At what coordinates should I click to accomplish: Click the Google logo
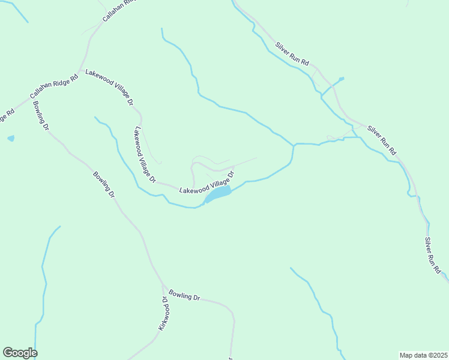coord(20,353)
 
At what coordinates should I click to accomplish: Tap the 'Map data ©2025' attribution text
coord(423,355)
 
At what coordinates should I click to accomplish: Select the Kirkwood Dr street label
coord(162,313)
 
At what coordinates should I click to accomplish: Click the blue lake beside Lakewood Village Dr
coord(218,193)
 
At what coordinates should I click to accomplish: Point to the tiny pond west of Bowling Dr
coord(11,139)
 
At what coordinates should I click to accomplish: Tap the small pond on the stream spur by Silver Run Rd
coord(342,79)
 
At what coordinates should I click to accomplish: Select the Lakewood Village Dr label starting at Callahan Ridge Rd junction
coord(109,87)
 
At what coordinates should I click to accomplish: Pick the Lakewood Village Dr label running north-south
coord(145,155)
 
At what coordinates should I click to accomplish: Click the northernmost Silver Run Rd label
coord(292,54)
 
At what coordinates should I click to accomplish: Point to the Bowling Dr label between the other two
coord(103,185)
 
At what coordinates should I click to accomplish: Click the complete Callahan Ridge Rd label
coord(54,87)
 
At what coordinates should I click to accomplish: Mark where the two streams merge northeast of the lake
coord(294,145)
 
